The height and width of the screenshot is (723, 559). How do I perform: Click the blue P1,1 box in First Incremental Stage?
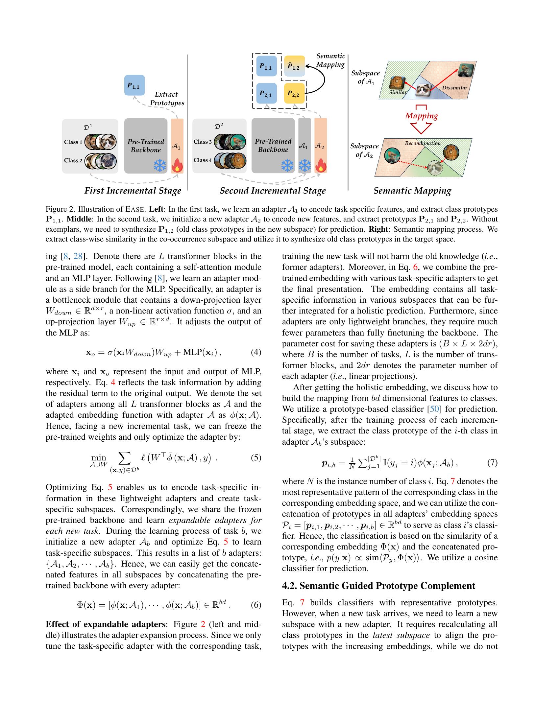[134, 85]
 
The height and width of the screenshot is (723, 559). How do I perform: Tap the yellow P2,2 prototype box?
[294, 94]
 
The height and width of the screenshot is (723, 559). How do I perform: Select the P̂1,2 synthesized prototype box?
[294, 66]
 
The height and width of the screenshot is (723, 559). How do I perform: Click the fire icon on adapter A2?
[320, 165]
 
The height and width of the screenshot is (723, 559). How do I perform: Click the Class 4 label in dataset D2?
[203, 160]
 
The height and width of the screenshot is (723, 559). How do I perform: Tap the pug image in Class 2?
[109, 162]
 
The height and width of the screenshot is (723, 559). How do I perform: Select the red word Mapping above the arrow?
[421, 116]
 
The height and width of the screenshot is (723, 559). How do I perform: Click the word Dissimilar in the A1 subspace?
[454, 88]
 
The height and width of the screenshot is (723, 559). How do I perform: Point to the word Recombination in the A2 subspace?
[423, 143]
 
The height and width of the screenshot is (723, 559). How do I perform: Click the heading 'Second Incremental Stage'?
[273, 191]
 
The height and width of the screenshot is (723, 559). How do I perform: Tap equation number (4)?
[256, 352]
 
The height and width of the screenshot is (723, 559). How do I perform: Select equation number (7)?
[492, 462]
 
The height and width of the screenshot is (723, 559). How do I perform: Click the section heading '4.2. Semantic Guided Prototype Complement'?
[378, 586]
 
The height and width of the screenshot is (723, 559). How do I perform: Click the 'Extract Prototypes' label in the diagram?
[167, 99]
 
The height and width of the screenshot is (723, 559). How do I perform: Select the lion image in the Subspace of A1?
[397, 83]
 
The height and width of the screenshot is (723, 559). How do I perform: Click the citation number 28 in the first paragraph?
[78, 256]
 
